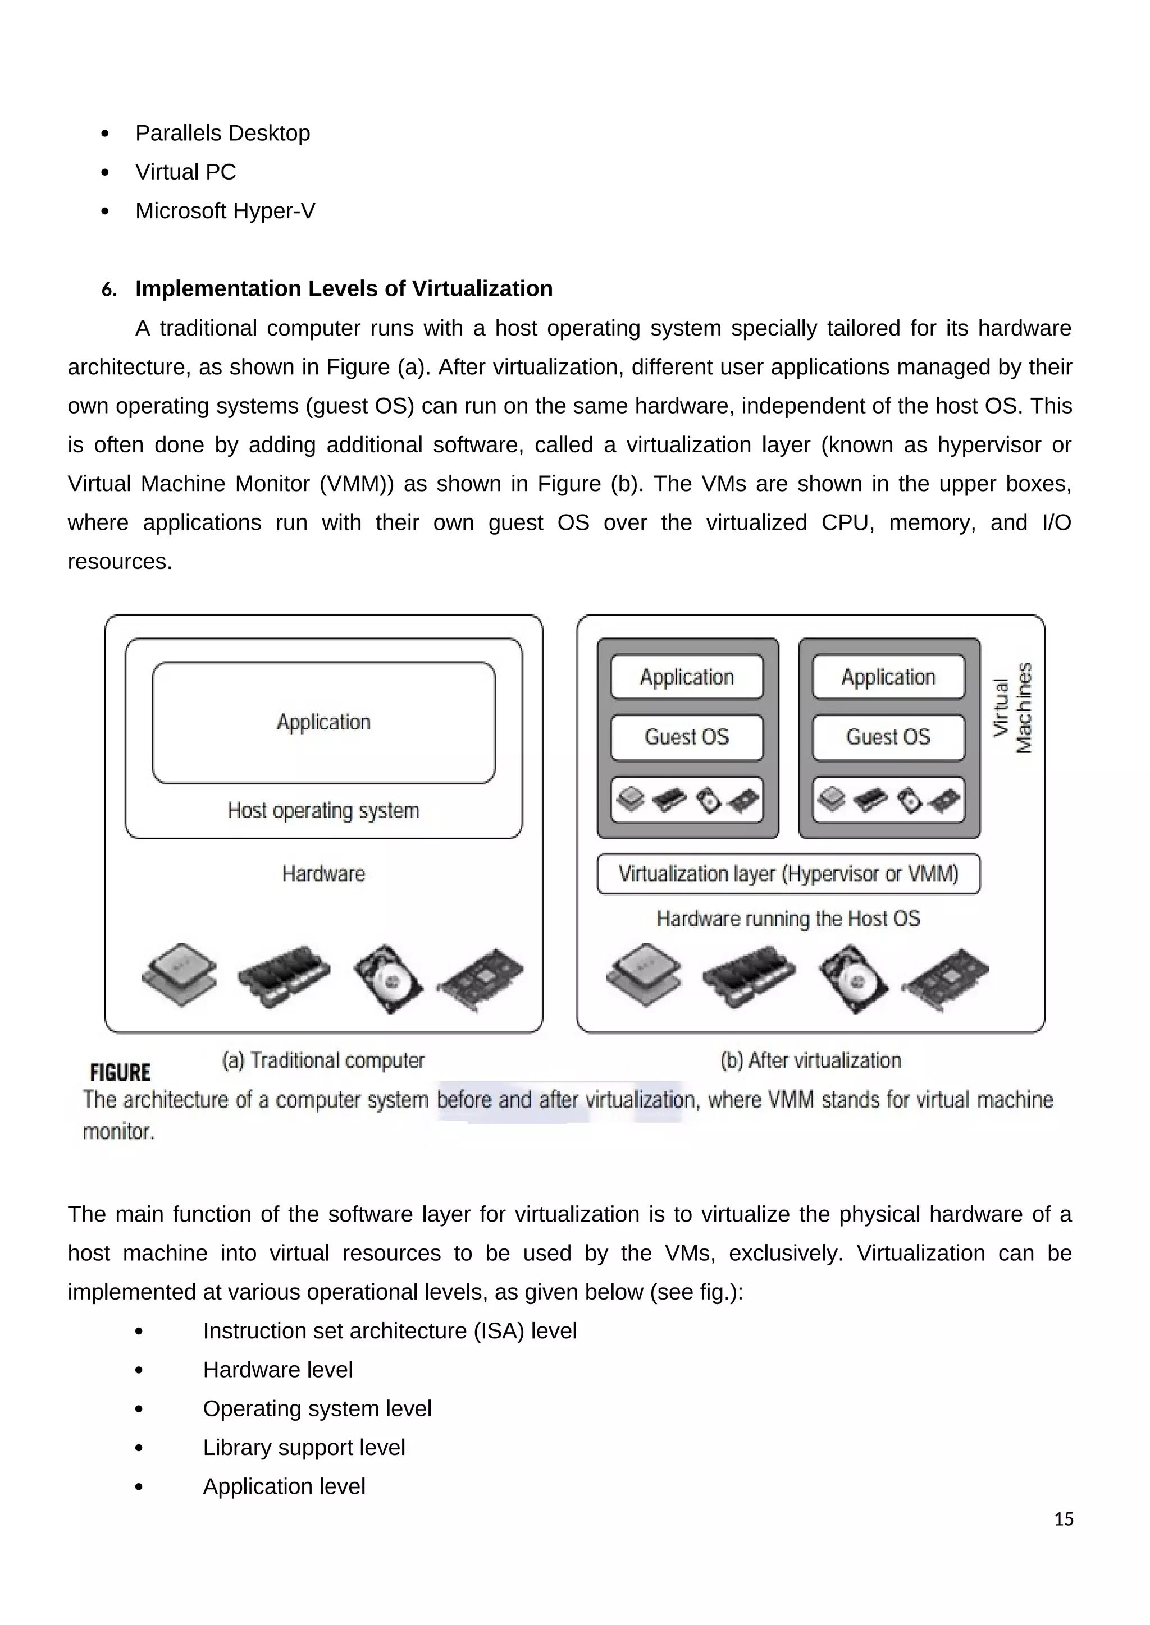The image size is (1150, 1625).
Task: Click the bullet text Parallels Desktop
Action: tap(222, 133)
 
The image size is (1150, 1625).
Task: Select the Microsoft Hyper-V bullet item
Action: tap(225, 211)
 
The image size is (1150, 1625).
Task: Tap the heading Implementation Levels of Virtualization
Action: tap(344, 289)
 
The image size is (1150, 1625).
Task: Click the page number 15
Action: tap(1063, 1520)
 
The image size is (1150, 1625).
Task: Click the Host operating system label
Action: tap(323, 810)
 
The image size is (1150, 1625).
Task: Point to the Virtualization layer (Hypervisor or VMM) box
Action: tap(788, 874)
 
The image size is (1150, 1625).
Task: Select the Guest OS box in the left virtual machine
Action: tap(686, 737)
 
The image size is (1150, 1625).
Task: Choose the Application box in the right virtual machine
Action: tap(888, 677)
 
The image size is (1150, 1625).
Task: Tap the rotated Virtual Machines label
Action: tap(1012, 708)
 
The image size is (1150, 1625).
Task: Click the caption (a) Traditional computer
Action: tap(323, 1060)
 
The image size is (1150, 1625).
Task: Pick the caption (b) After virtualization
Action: tap(810, 1060)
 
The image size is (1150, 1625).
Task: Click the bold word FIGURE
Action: tap(120, 1073)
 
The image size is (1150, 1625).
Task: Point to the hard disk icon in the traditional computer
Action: tap(387, 979)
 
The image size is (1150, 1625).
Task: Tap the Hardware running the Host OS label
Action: tap(788, 919)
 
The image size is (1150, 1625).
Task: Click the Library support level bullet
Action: tap(304, 1447)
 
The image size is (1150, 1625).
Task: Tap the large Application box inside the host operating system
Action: tap(323, 723)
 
